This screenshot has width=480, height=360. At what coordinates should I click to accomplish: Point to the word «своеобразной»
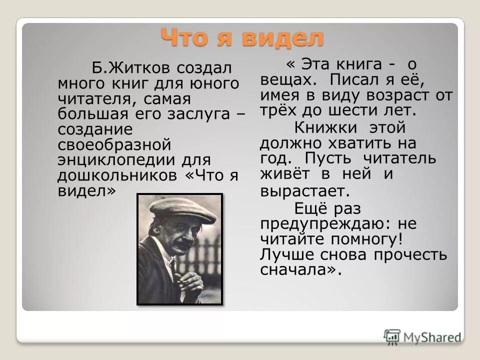114,145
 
